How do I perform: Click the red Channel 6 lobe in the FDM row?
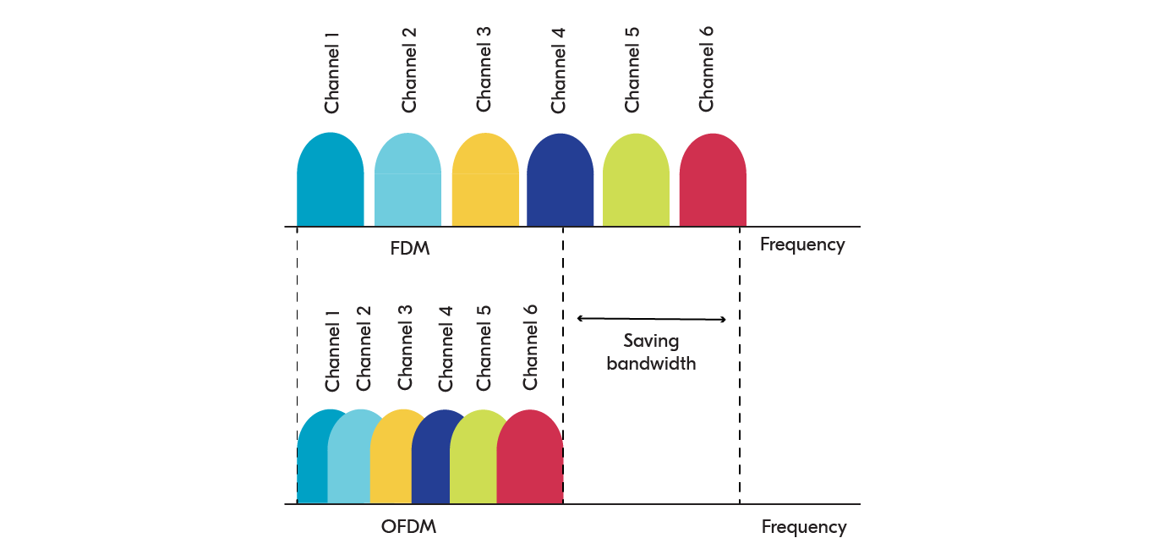click(713, 182)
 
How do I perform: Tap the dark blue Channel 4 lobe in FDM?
click(560, 182)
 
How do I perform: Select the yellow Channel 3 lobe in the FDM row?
click(485, 182)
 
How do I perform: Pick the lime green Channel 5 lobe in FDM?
click(636, 182)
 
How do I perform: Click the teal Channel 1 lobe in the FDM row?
click(330, 182)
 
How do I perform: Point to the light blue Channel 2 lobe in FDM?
click(407, 182)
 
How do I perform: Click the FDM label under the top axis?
click(410, 250)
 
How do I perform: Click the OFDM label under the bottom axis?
click(408, 527)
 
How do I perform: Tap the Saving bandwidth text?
click(651, 352)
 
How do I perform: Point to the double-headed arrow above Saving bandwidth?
click(651, 319)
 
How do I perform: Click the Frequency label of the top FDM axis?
click(802, 244)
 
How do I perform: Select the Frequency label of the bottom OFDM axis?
click(803, 527)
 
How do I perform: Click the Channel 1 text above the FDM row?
click(332, 73)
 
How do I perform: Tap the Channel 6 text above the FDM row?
click(707, 69)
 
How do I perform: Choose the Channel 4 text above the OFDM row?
click(446, 347)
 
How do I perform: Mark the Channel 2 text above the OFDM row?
click(364, 347)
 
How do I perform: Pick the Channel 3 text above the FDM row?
click(484, 69)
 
